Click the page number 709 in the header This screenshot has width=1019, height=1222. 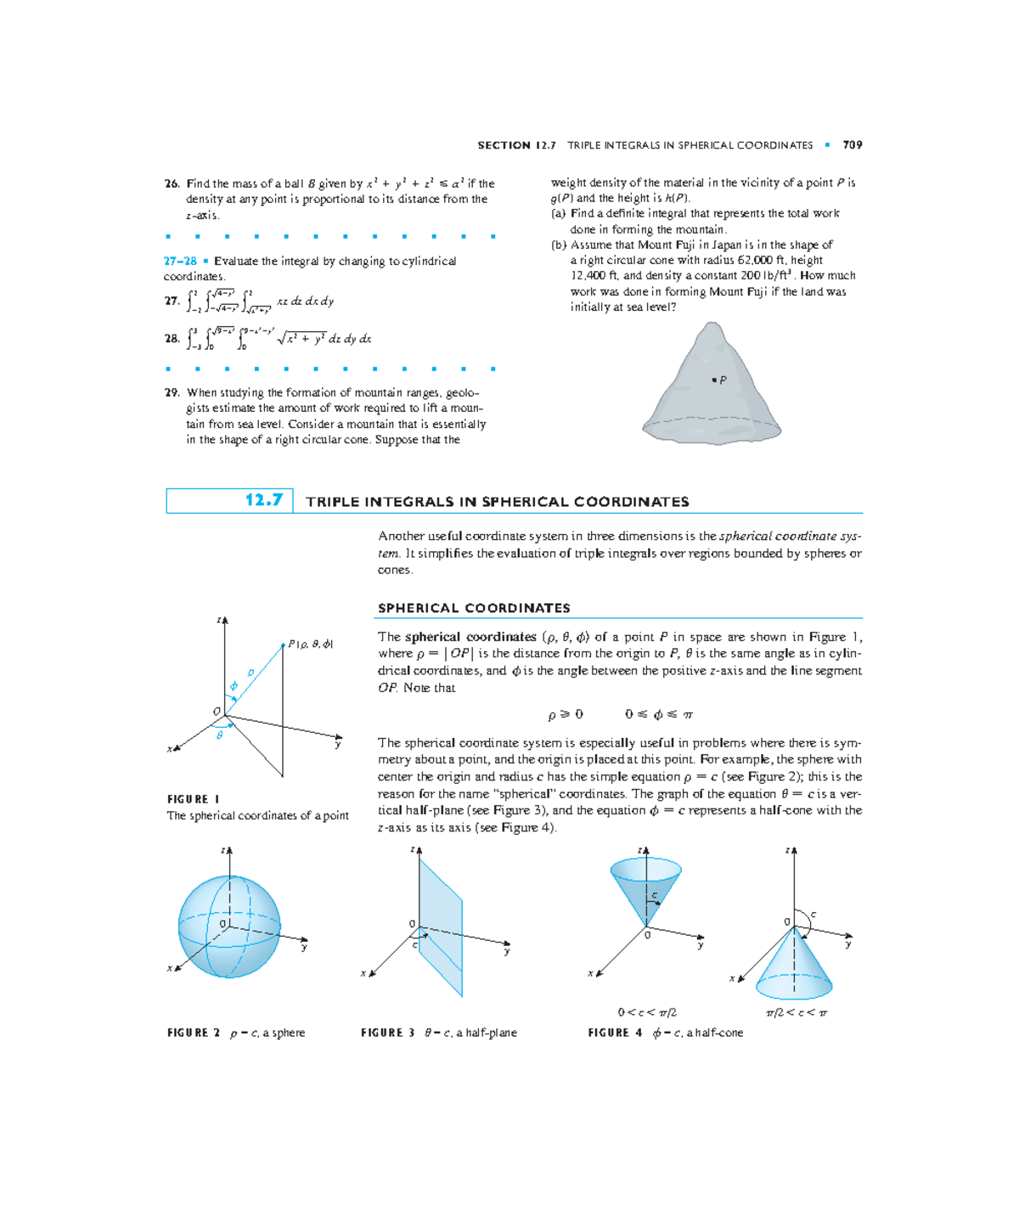(x=853, y=145)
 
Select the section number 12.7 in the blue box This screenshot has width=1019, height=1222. (x=263, y=500)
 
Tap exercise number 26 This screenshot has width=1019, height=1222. (x=172, y=183)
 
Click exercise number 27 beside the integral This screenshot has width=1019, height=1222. (x=172, y=301)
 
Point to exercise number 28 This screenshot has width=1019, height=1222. (x=172, y=338)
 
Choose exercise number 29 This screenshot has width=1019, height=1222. (x=172, y=392)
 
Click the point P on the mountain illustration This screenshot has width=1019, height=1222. (x=714, y=380)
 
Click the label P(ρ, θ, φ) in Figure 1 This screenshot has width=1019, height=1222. (x=310, y=644)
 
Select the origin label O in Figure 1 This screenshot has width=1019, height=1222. (x=217, y=711)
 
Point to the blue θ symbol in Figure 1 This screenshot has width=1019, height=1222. (x=220, y=735)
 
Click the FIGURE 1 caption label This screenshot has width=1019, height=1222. (x=194, y=799)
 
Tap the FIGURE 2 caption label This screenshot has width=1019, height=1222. (x=194, y=1033)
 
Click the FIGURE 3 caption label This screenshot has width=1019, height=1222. (x=387, y=1033)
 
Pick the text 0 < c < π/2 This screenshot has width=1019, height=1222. (x=647, y=1012)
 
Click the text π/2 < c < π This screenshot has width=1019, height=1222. (x=796, y=1012)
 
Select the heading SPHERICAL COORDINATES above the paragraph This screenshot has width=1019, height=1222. (x=474, y=608)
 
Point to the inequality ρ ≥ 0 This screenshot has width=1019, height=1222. (x=566, y=715)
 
